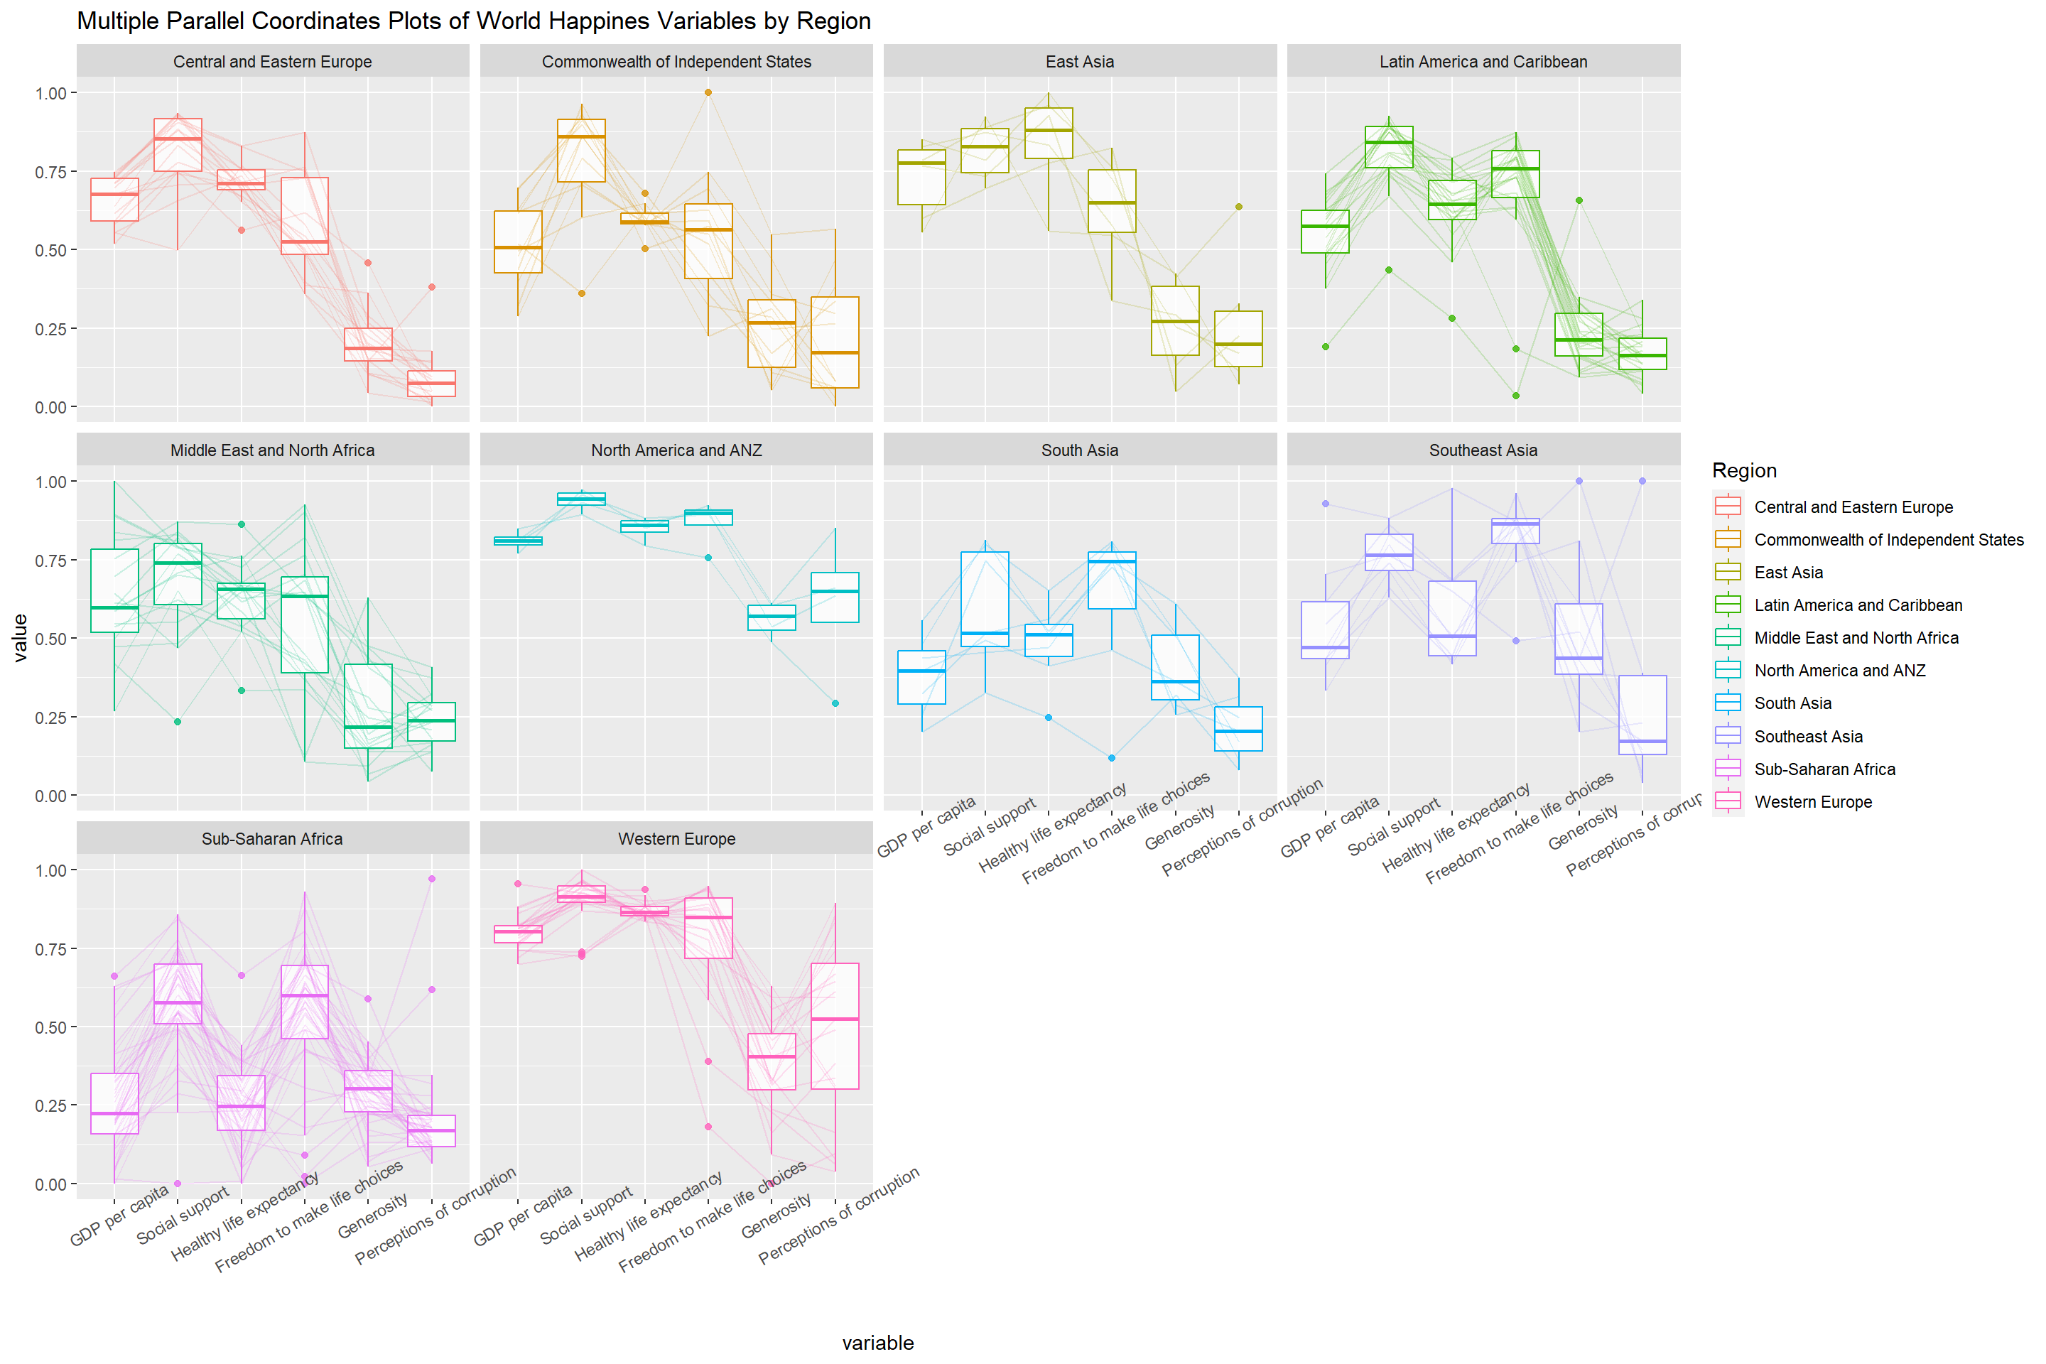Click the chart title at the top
473,21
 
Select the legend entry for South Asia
1792,703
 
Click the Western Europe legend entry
1812,802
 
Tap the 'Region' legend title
1743,470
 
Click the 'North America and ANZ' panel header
676,450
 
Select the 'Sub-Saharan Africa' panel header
272,838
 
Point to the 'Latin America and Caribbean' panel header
1483,62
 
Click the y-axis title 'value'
20,638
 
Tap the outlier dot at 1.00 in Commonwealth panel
708,92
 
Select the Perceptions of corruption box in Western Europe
835,1027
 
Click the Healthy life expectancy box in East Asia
1049,133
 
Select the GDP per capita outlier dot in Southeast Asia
1325,504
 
